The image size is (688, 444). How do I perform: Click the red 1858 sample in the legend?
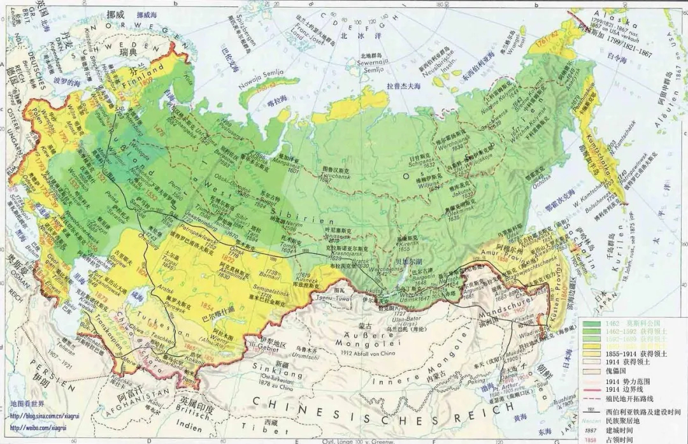coord(591,440)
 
